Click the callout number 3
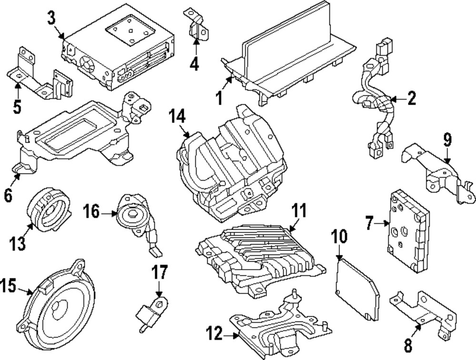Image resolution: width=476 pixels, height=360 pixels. tap(51, 19)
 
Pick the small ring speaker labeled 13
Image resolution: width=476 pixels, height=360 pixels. tap(48, 209)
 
